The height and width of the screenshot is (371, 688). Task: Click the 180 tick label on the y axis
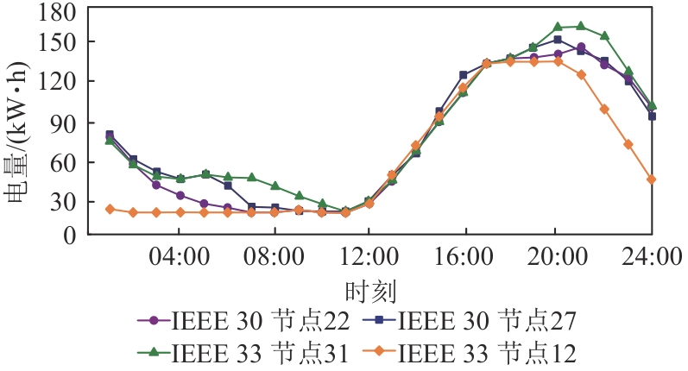point(58,13)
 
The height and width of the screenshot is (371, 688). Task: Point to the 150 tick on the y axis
point(58,42)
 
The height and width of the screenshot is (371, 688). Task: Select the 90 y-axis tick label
point(65,123)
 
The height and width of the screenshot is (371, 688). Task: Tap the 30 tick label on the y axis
point(65,202)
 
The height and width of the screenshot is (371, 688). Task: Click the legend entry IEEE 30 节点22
point(244,321)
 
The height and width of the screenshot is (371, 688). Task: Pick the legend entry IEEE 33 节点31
point(244,352)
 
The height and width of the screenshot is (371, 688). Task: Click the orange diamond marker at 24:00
point(652,179)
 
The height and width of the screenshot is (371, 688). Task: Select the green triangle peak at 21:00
point(581,26)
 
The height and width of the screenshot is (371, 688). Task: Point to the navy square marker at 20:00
point(558,40)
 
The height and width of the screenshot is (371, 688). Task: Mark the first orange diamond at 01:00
point(110,209)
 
